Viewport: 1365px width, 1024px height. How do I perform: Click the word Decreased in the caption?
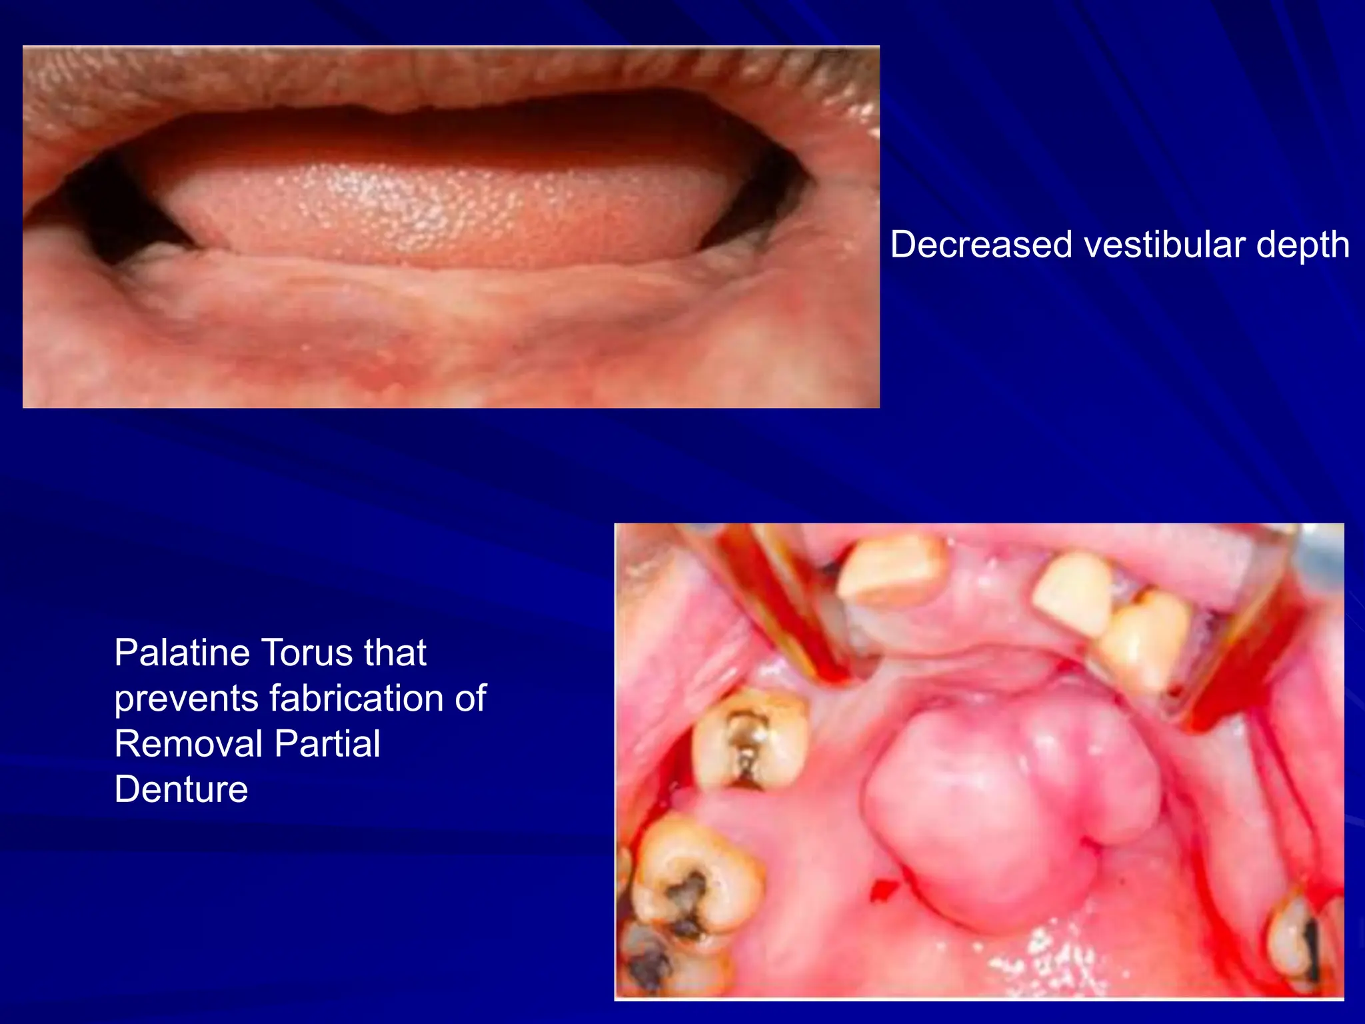coord(982,245)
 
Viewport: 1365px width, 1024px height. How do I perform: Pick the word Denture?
coord(181,790)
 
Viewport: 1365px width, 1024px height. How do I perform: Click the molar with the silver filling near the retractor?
coord(750,740)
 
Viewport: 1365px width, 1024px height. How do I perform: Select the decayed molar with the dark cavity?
coord(693,880)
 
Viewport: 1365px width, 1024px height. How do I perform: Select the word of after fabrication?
coord(471,699)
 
